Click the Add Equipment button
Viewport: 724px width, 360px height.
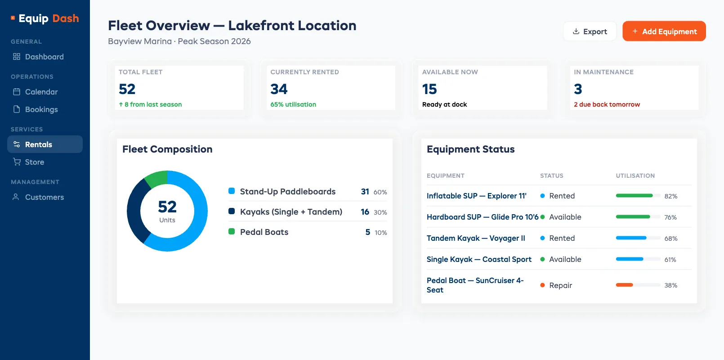(x=664, y=31)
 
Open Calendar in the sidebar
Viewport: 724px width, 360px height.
(x=41, y=92)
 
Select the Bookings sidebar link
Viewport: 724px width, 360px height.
(x=41, y=109)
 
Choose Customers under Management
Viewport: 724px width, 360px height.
(x=44, y=197)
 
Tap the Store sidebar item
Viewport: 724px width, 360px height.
(x=34, y=162)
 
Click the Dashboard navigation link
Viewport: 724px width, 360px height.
(x=44, y=57)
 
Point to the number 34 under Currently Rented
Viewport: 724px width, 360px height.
(x=279, y=89)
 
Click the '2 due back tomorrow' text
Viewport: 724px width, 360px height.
(x=607, y=104)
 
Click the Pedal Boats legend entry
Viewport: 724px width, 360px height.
(x=264, y=232)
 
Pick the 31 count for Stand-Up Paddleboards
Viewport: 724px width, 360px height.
(x=365, y=192)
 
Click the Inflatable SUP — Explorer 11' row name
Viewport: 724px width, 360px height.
(x=476, y=196)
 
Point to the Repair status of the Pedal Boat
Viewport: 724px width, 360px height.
(x=560, y=285)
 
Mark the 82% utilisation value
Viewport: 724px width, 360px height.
(x=670, y=196)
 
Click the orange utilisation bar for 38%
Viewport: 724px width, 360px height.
(x=624, y=285)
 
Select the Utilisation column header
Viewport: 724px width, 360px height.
(x=635, y=175)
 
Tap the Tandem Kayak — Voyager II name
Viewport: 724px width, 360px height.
(x=476, y=238)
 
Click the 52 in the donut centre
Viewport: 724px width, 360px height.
(x=167, y=207)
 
